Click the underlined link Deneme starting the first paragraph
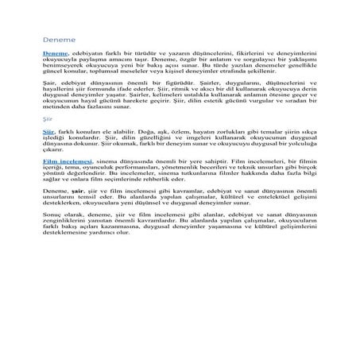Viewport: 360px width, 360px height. point(54,51)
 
